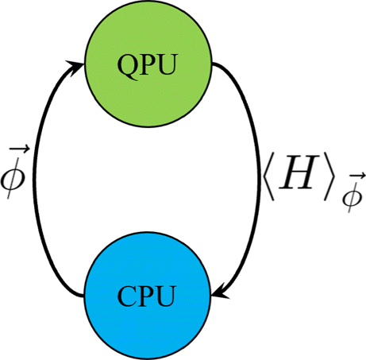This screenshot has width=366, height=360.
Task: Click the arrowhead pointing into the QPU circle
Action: pos(76,66)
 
